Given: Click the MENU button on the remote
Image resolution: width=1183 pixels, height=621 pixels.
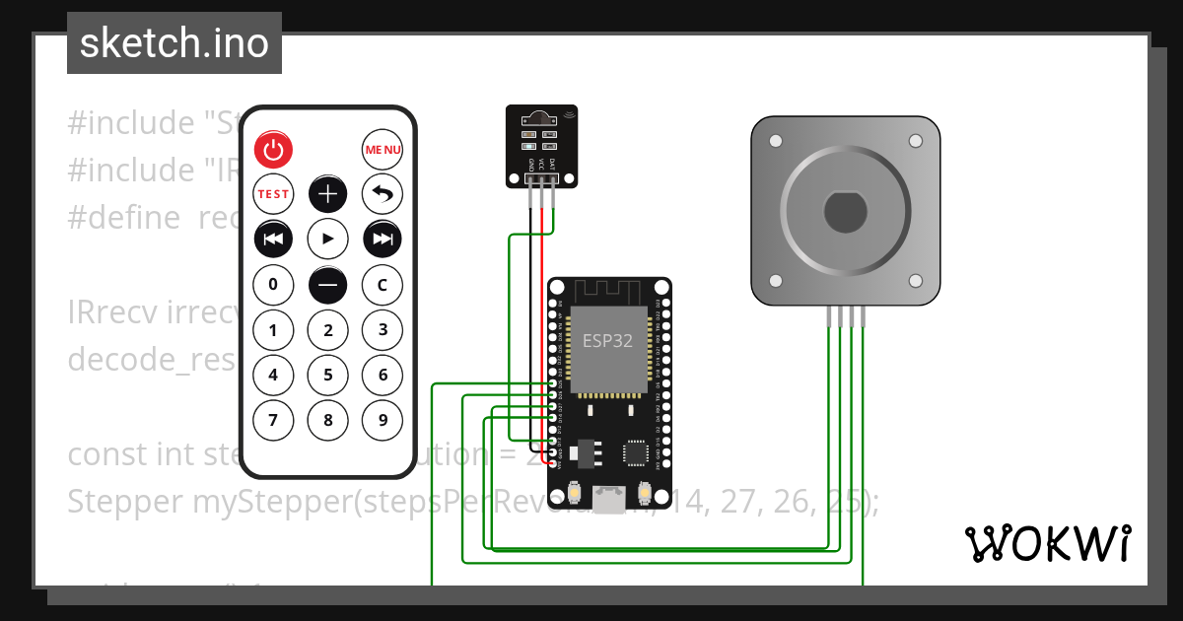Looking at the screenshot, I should (383, 150).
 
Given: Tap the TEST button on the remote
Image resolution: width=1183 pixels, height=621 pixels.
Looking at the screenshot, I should (273, 194).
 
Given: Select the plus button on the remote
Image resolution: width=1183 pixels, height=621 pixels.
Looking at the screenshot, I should (328, 194).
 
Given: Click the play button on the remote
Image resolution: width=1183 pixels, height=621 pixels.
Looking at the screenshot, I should (328, 239).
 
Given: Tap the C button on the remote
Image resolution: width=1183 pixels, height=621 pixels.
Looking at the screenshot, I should (383, 285).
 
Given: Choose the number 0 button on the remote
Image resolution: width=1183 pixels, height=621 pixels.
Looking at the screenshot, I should (273, 285).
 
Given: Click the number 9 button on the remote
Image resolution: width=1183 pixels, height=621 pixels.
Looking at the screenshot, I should (383, 421).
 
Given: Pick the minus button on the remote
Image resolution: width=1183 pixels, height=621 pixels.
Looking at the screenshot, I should (328, 285).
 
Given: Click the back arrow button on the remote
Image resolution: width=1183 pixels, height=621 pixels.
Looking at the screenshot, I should (383, 194).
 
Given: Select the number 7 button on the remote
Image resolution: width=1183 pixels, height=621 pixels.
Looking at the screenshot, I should (273, 421).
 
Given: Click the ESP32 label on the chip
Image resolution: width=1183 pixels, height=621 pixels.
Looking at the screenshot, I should (607, 341).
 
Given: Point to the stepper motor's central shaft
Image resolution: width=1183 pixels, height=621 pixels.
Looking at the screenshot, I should (845, 210).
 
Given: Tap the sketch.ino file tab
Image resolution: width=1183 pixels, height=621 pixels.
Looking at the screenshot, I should (174, 43).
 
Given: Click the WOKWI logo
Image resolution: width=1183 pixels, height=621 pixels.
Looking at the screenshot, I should (1048, 543).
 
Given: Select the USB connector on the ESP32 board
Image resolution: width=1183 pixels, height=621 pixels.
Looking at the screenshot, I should (608, 501).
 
